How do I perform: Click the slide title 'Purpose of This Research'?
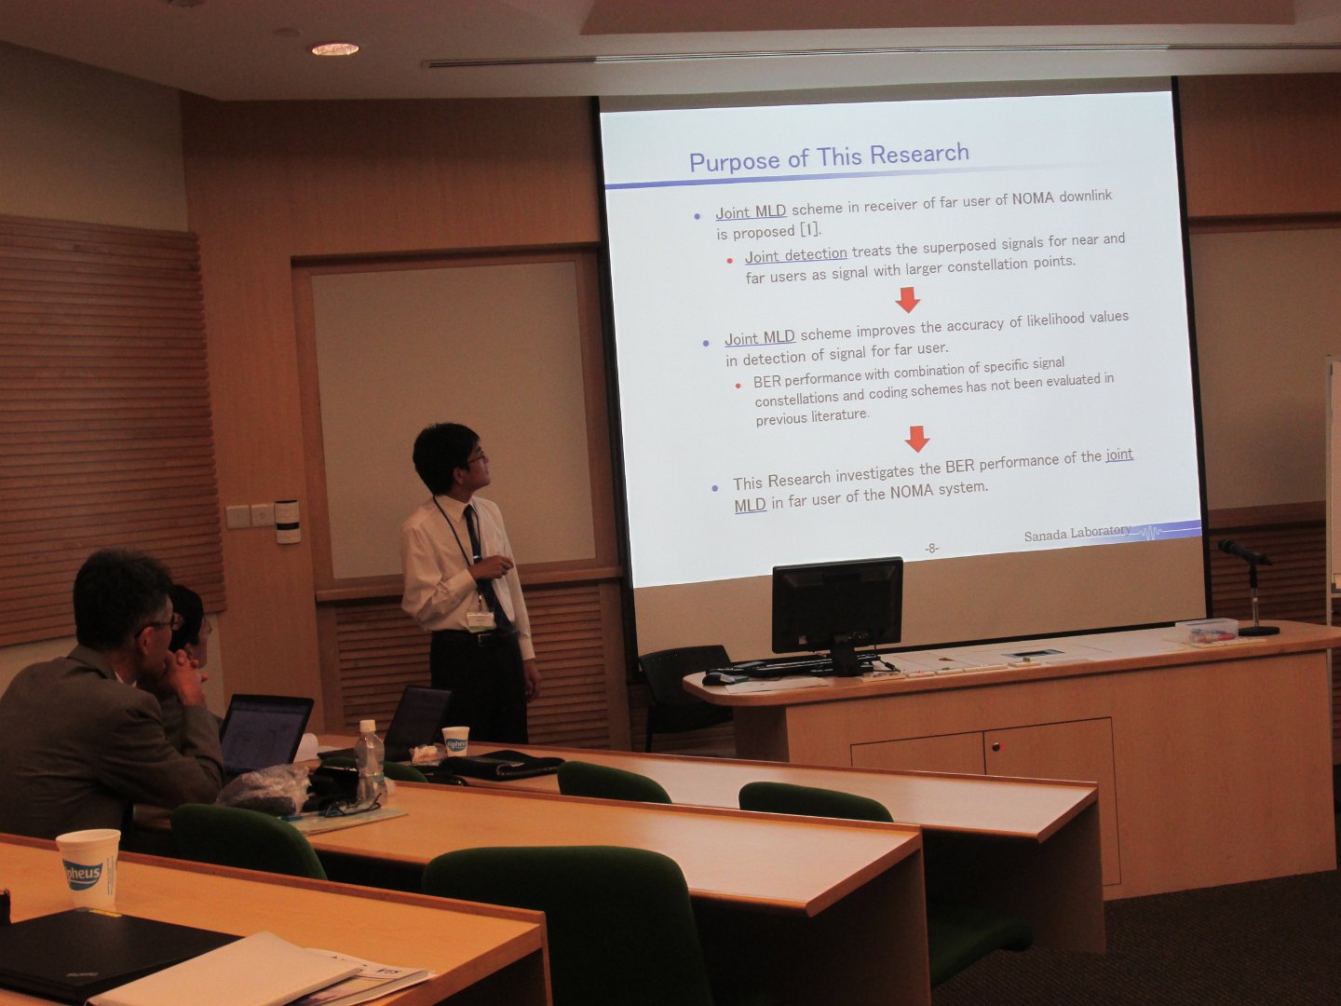[x=829, y=157]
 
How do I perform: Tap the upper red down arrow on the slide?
[x=908, y=299]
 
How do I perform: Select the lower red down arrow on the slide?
[x=917, y=439]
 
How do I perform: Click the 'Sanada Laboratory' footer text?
[x=1077, y=534]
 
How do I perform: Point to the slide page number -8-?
[x=931, y=549]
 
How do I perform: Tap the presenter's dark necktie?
[x=484, y=567]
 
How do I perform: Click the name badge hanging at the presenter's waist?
[x=481, y=620]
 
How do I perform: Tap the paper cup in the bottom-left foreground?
[x=88, y=867]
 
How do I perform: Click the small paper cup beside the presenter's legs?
[x=455, y=741]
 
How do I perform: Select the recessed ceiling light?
[x=335, y=48]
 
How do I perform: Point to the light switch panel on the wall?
[x=251, y=516]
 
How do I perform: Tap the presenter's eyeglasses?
[x=476, y=455]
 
